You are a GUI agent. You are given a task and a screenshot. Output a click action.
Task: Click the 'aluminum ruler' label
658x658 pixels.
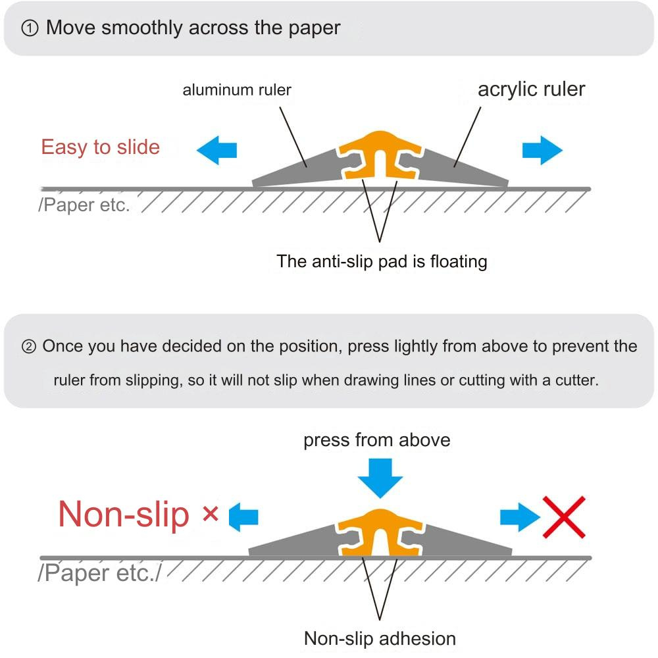(237, 90)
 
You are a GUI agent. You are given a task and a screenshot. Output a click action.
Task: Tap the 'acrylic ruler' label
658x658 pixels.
(531, 89)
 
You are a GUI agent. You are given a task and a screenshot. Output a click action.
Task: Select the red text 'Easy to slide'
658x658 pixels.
(100, 147)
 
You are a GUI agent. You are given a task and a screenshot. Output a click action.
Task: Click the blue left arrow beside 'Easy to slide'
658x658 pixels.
(216, 151)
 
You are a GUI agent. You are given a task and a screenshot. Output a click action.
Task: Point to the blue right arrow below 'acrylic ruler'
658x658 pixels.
(542, 151)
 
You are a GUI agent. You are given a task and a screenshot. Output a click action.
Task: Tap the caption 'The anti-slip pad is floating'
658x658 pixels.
(382, 261)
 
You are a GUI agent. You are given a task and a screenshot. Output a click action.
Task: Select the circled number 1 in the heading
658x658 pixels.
(30, 29)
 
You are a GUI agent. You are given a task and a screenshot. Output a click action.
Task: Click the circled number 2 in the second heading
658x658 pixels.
(29, 347)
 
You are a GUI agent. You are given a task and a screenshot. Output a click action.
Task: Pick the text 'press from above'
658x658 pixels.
(377, 440)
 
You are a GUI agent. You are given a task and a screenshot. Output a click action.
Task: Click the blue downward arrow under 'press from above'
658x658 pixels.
(380, 478)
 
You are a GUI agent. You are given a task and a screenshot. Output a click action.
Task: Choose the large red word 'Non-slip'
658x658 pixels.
(124, 514)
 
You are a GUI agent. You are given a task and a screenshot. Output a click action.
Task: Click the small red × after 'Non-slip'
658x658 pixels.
(211, 514)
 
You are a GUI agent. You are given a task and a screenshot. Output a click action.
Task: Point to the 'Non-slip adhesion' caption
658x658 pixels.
(380, 638)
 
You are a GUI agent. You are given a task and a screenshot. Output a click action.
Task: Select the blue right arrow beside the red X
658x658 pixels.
(519, 517)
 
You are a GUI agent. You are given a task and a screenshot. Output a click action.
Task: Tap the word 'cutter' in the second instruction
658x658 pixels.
(575, 380)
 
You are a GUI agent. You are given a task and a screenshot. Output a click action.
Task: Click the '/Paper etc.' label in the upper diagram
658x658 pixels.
(84, 205)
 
